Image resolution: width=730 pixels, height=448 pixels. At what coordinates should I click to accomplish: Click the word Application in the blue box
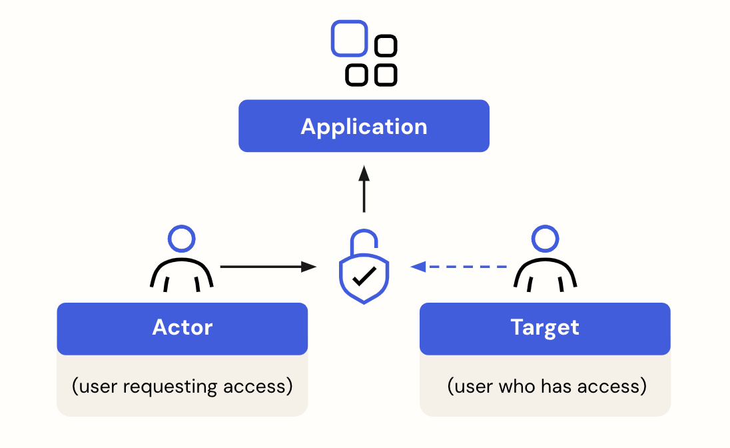364,127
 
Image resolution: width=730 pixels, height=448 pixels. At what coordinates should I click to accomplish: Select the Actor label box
182,328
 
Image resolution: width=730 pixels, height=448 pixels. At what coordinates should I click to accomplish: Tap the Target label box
544,328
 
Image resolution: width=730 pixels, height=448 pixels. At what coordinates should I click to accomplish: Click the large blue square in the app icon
349,39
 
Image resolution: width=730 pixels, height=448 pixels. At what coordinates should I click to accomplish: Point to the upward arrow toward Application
364,190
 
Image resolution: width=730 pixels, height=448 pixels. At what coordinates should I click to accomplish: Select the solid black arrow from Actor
266,267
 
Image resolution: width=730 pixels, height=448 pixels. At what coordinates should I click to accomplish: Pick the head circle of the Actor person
182,238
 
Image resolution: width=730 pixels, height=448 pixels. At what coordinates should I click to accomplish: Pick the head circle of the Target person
545,238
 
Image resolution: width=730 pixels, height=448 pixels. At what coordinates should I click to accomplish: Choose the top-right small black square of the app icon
386,46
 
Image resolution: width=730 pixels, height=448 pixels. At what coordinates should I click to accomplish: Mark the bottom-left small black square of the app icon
356,75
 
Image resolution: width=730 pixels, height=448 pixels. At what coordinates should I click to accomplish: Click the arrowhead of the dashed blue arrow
418,267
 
